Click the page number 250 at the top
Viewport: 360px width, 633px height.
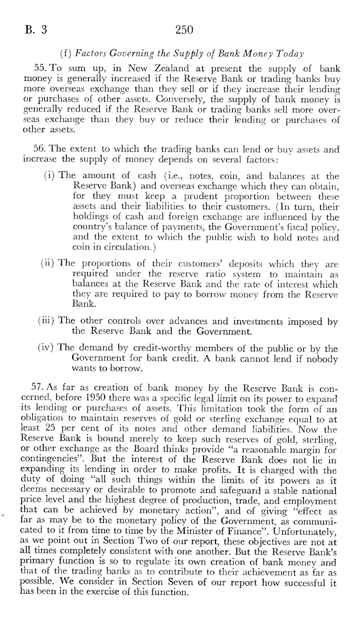(x=184, y=30)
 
